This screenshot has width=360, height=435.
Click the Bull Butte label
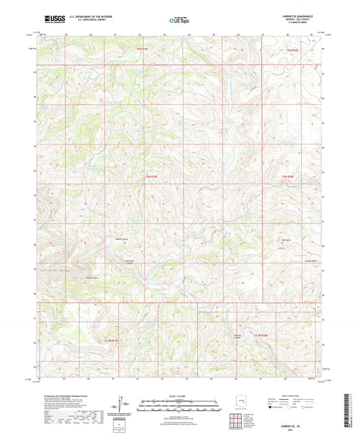click(x=286, y=240)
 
